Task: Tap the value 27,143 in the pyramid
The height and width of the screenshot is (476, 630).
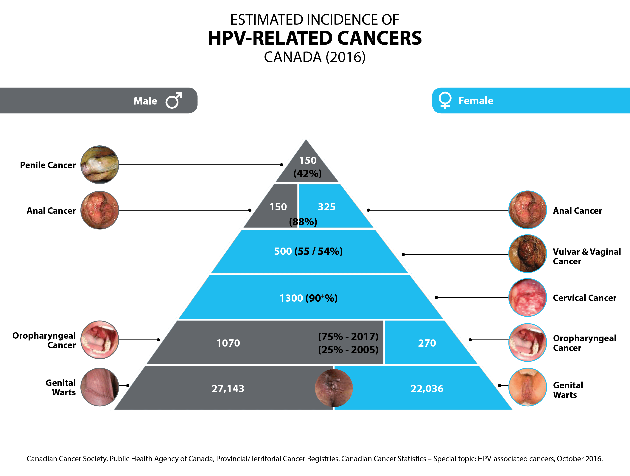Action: tap(228, 389)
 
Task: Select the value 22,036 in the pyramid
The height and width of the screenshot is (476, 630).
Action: tap(427, 389)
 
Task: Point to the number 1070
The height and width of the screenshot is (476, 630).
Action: tap(228, 343)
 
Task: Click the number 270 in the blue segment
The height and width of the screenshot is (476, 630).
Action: tap(427, 343)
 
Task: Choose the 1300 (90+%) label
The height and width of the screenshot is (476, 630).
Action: tap(308, 298)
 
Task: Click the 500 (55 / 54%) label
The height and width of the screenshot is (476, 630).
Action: tap(308, 251)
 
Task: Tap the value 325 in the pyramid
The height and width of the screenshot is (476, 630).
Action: tap(327, 207)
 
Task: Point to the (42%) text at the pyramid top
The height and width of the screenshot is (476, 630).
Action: tap(308, 173)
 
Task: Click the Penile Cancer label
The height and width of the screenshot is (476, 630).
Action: tap(48, 165)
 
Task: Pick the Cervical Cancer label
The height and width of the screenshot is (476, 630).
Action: tap(584, 298)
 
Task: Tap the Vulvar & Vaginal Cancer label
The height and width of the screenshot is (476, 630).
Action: tap(587, 256)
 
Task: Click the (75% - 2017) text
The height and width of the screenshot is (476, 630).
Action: tap(348, 336)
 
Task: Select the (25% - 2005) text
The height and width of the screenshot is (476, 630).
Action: tap(348, 349)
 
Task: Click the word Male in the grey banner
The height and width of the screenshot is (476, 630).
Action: tap(145, 101)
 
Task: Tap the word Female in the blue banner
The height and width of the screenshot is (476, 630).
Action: tap(476, 101)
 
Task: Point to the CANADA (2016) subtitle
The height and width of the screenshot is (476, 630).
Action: tap(315, 57)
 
